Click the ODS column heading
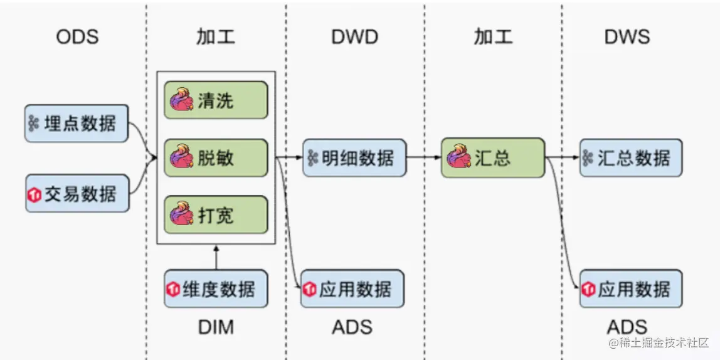77,37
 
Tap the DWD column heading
354,37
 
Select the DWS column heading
627,37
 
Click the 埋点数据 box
77,123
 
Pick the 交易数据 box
77,193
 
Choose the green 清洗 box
216,100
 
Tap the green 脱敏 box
216,158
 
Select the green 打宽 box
216,214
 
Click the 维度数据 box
216,289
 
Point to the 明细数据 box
354,158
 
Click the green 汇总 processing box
493,158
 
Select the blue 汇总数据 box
631,158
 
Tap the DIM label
216,327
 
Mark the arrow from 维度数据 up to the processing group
216,257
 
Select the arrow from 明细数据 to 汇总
424,158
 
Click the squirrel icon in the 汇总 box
458,157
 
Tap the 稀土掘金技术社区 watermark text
660,342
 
